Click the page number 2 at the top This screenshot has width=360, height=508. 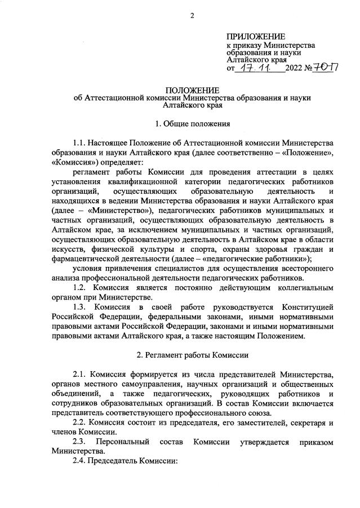click(x=192, y=15)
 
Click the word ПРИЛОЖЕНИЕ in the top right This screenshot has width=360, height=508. click(x=256, y=37)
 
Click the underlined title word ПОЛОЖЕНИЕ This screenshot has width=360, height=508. click(x=192, y=90)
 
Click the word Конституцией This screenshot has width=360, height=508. click(x=309, y=306)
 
